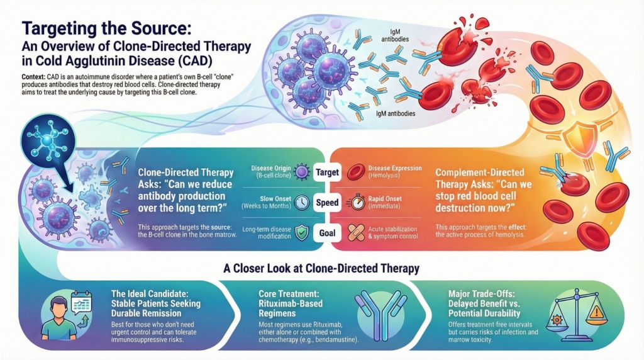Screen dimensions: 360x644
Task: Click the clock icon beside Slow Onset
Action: pos(301,203)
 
